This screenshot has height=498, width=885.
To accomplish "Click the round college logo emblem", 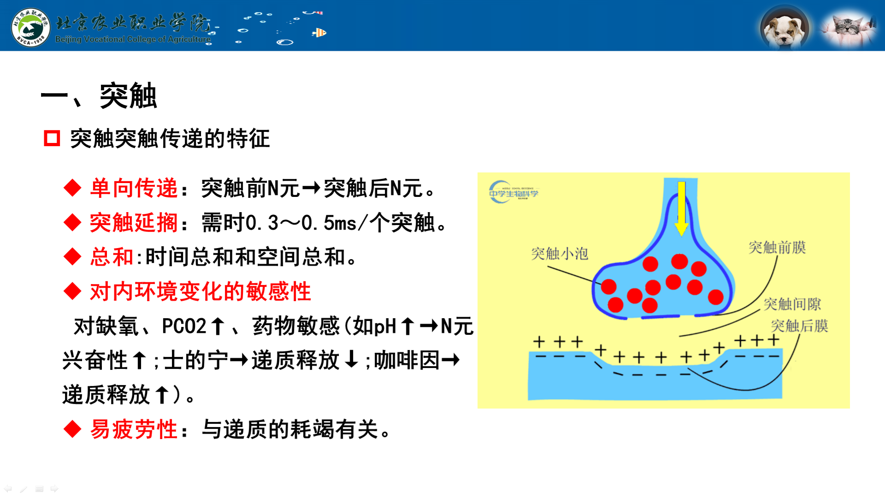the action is (30, 27).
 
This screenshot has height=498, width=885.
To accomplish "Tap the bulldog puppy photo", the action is (785, 28).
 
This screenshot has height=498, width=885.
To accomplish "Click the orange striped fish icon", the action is (319, 32).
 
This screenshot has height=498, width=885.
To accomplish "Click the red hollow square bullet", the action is (52, 138).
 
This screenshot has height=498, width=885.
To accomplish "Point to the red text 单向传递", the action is (134, 188).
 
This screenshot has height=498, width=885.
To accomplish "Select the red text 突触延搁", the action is (134, 223).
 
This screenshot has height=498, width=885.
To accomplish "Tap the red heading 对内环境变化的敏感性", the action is (201, 291).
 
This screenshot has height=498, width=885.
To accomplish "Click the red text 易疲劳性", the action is (134, 429).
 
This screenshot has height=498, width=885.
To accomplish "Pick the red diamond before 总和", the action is (73, 257).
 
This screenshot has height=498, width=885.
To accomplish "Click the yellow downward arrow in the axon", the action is (681, 208).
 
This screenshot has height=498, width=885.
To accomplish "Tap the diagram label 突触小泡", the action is (560, 253).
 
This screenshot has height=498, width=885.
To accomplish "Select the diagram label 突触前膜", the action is (777, 247).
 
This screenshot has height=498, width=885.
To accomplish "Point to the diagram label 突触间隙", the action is (792, 304).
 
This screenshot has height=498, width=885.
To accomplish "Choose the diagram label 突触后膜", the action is (800, 326).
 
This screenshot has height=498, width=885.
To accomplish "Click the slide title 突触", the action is (128, 96).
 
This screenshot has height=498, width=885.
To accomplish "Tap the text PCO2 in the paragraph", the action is (184, 326).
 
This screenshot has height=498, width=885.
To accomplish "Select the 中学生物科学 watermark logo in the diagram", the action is (513, 192).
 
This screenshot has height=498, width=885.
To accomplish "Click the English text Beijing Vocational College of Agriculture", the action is (133, 39).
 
